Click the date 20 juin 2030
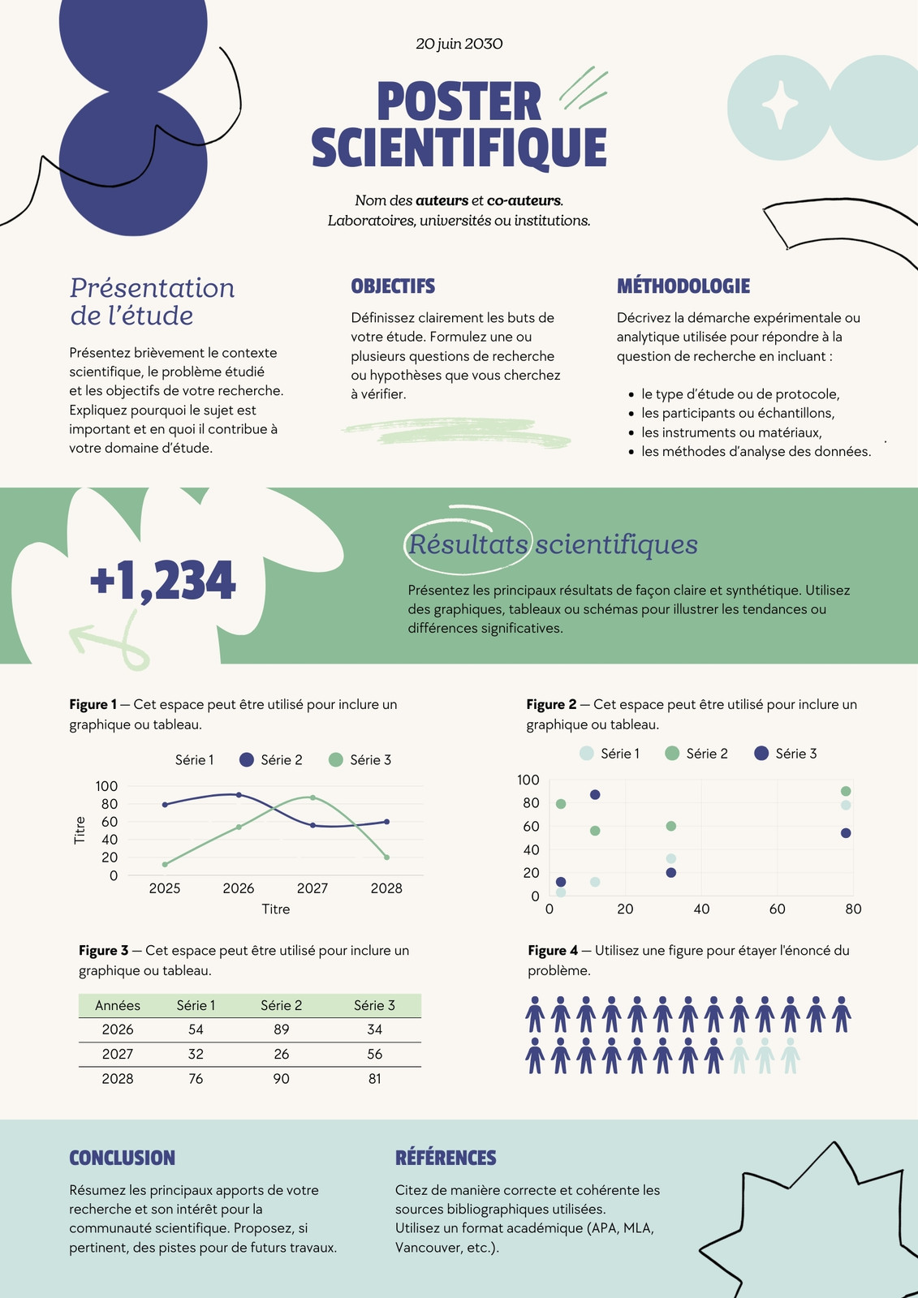[459, 44]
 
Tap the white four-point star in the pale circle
[779, 105]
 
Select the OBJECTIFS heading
[393, 286]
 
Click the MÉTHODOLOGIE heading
[683, 286]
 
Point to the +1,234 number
[163, 580]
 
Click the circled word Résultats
[468, 544]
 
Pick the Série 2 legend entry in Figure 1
[271, 759]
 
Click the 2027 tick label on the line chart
[312, 888]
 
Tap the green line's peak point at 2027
[312, 797]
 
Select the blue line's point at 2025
[165, 804]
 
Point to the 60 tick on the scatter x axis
[777, 909]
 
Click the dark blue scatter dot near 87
[594, 794]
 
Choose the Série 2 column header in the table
[282, 1005]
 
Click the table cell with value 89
[282, 1029]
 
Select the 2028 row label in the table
[118, 1078]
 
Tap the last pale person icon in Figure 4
[790, 1055]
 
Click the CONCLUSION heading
[123, 1157]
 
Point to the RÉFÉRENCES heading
[446, 1157]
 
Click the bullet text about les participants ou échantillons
[738, 413]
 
